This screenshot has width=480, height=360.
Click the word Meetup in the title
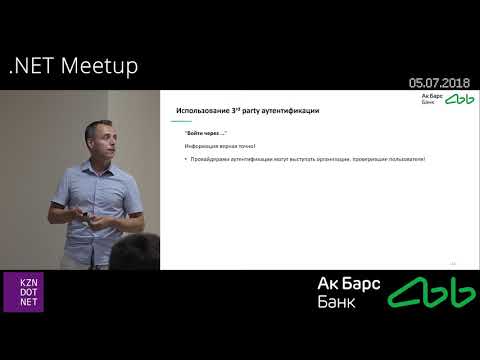[100, 66]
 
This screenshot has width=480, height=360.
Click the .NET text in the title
[32, 66]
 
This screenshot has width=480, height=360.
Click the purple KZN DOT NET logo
[23, 291]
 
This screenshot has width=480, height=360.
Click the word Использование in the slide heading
[205, 110]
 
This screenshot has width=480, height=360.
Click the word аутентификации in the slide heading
[294, 110]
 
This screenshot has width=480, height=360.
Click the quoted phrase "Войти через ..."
[206, 133]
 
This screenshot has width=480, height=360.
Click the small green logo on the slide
[459, 99]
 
